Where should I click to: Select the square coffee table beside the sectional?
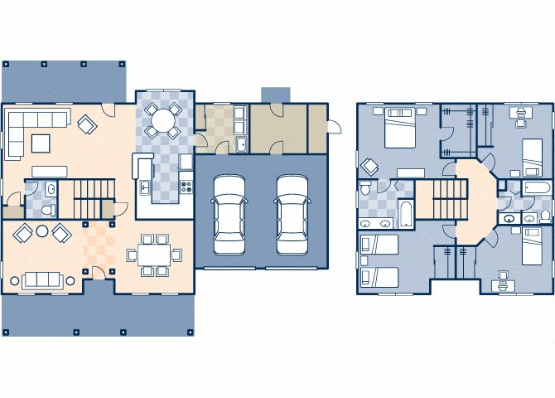tap(41, 143)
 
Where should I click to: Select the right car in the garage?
tap(292, 213)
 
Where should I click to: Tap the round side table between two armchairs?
tap(41, 231)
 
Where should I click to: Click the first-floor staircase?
tap(91, 199)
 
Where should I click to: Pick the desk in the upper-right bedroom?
tap(520, 115)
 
